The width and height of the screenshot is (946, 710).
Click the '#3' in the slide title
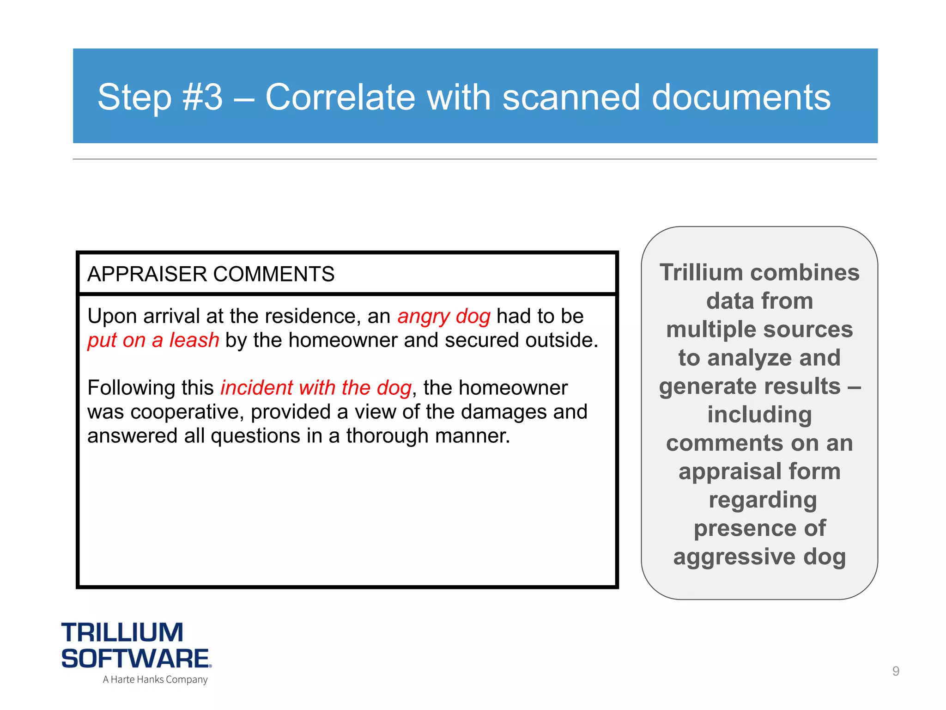pyautogui.click(x=202, y=98)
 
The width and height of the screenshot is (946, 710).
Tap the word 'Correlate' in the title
pyautogui.click(x=340, y=98)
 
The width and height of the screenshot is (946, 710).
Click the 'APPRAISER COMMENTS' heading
pyautogui.click(x=211, y=274)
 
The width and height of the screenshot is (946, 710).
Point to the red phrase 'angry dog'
pyautogui.click(x=443, y=317)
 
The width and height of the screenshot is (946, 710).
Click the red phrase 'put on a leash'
pyautogui.click(x=153, y=341)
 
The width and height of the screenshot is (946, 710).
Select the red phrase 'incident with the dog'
pyautogui.click(x=315, y=388)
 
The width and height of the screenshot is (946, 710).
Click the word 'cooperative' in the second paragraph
pyautogui.click(x=187, y=412)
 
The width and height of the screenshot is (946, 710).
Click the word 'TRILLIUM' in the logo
pyautogui.click(x=122, y=633)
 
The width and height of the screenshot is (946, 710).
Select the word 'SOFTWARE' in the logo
pyautogui.click(x=135, y=659)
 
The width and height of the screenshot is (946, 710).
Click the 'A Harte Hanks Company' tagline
pyautogui.click(x=155, y=679)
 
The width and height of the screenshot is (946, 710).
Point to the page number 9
pyautogui.click(x=896, y=671)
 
